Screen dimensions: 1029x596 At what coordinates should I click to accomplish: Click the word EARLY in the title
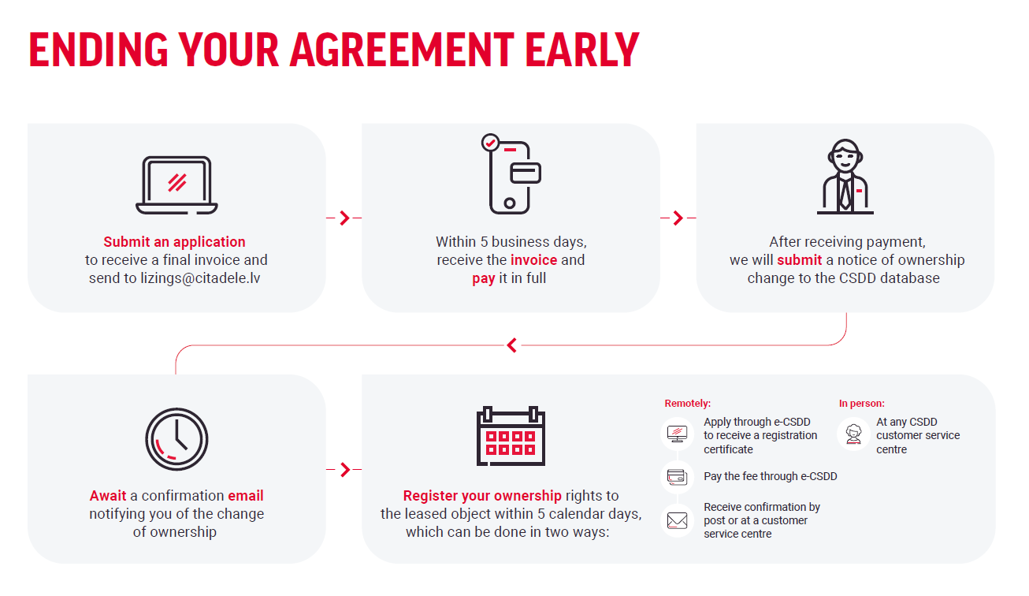582,50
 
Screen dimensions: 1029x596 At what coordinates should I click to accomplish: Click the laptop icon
176,185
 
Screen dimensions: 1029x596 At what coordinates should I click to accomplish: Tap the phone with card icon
511,174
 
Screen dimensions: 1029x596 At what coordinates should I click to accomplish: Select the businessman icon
845,177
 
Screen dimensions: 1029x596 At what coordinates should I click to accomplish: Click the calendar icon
511,436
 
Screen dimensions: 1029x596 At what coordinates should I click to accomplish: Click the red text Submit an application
175,242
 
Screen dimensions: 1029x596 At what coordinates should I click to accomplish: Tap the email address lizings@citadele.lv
200,278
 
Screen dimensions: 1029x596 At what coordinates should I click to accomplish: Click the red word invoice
534,260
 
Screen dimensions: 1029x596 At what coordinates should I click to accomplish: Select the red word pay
484,279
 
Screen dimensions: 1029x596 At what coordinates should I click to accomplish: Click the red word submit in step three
799,260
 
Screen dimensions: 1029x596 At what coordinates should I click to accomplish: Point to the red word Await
108,495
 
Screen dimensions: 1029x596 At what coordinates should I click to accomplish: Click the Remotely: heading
688,404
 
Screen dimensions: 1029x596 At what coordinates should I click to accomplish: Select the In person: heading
862,404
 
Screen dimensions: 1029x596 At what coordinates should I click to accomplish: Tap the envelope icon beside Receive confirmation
677,520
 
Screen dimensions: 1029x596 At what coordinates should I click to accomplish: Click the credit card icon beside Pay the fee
677,477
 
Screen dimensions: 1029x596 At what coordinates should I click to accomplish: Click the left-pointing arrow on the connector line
512,345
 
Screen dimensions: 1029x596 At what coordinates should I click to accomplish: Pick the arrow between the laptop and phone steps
344,218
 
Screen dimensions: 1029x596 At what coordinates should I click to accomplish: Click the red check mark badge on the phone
491,143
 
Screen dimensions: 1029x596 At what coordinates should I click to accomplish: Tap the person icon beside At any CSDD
853,434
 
